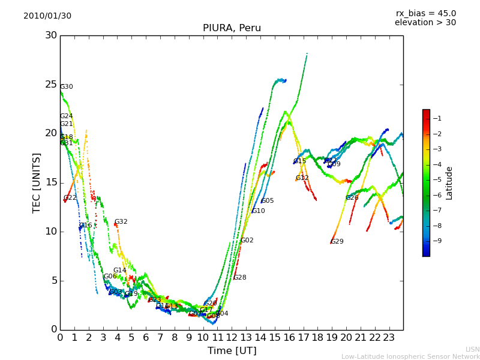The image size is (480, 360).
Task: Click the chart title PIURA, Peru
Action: [232, 28]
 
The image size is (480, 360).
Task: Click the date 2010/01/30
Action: [47, 16]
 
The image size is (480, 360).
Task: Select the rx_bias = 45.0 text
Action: [426, 14]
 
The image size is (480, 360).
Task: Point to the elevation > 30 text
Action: [425, 23]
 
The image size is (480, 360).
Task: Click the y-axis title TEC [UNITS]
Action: [37, 182]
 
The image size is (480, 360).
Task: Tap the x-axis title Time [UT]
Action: [232, 351]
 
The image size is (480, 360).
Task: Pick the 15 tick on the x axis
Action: [275, 338]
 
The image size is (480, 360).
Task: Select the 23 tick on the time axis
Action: [389, 338]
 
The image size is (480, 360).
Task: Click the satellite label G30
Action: [67, 87]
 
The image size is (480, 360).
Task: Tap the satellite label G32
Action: [121, 222]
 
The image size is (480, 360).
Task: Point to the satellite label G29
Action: [337, 242]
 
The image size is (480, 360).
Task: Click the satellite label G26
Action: [352, 198]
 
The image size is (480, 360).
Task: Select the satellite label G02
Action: [247, 241]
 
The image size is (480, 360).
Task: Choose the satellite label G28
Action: [240, 278]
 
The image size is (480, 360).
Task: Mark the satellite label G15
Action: [300, 161]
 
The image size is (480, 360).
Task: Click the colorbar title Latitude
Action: [449, 183]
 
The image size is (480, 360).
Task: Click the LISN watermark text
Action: [472, 349]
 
